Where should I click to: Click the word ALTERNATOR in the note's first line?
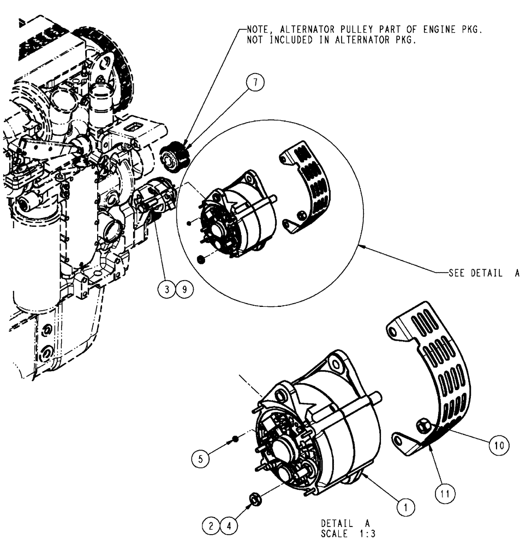coord(299,32)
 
